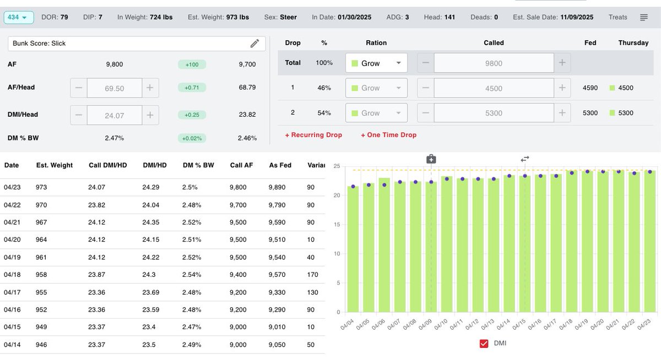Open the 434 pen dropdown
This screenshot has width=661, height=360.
pyautogui.click(x=19, y=18)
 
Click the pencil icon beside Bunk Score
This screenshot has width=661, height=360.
pyautogui.click(x=254, y=43)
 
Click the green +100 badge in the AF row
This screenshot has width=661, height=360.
pyautogui.click(x=192, y=65)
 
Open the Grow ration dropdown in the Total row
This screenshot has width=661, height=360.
pyautogui.click(x=376, y=63)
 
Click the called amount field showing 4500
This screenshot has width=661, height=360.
pyautogui.click(x=494, y=88)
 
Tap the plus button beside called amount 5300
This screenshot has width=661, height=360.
pyautogui.click(x=562, y=113)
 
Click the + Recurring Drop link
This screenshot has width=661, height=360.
pyautogui.click(x=313, y=135)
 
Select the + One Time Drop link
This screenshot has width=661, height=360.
pyautogui.click(x=388, y=135)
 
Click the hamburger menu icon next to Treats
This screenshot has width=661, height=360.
pyautogui.click(x=643, y=18)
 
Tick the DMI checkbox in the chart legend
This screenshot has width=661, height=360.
pyautogui.click(x=484, y=343)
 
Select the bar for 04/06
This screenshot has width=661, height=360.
pyautogui.click(x=384, y=245)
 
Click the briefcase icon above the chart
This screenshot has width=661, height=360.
pyautogui.click(x=431, y=159)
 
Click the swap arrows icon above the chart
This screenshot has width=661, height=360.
pyautogui.click(x=525, y=159)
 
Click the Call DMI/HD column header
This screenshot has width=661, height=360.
pyautogui.click(x=108, y=165)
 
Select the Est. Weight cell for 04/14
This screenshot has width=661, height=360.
pyautogui.click(x=41, y=345)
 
